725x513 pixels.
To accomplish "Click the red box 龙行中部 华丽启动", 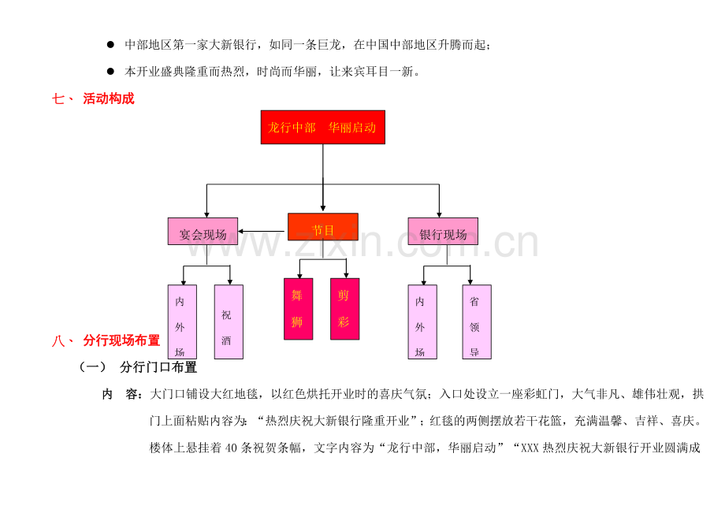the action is [323, 127].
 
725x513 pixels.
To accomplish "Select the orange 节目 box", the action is [323, 227].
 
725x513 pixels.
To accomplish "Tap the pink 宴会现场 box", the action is [203, 231].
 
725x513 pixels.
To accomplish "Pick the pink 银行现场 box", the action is [443, 231].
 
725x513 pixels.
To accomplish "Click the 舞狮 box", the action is [298, 309].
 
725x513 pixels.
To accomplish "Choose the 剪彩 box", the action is [344, 309].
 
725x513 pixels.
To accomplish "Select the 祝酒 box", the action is [229, 322].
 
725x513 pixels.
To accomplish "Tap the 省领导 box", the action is [477, 322].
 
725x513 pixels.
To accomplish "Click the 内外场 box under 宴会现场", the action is [182, 322].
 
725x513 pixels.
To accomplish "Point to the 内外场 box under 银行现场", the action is [422, 322].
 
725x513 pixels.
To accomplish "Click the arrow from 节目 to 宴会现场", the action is [262, 231].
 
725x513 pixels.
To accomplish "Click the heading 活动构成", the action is [109, 99].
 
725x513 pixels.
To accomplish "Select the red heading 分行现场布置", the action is [121, 340].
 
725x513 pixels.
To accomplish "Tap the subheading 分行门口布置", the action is [158, 367].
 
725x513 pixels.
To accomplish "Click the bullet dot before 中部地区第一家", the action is [110, 44].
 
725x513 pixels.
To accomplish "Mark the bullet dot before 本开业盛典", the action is [110, 71].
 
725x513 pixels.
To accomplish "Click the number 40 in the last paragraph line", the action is [231, 448].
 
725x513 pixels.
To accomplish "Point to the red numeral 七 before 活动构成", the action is [58, 99].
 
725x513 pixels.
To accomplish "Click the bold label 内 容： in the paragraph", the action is [122, 394].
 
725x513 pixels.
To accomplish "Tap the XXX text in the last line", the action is [530, 448].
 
